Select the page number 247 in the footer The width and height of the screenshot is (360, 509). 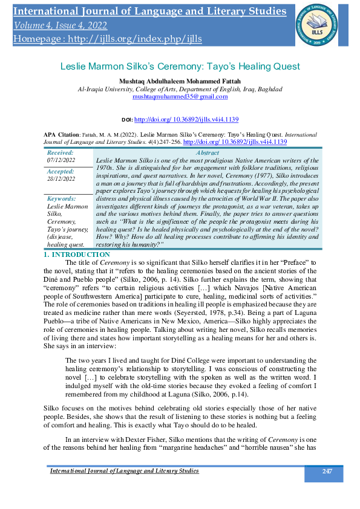coord(327,470)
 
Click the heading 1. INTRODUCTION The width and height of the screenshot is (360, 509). coord(76,254)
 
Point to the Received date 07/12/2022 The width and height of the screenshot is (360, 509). coord(61,161)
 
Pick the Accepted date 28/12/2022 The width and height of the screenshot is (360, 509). coord(61,179)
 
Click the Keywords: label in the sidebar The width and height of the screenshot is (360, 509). coord(62,198)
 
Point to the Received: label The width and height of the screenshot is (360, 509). coord(60,154)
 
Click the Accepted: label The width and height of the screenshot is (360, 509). coord(61,172)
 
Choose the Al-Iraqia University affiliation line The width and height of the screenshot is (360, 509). coord(180,89)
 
